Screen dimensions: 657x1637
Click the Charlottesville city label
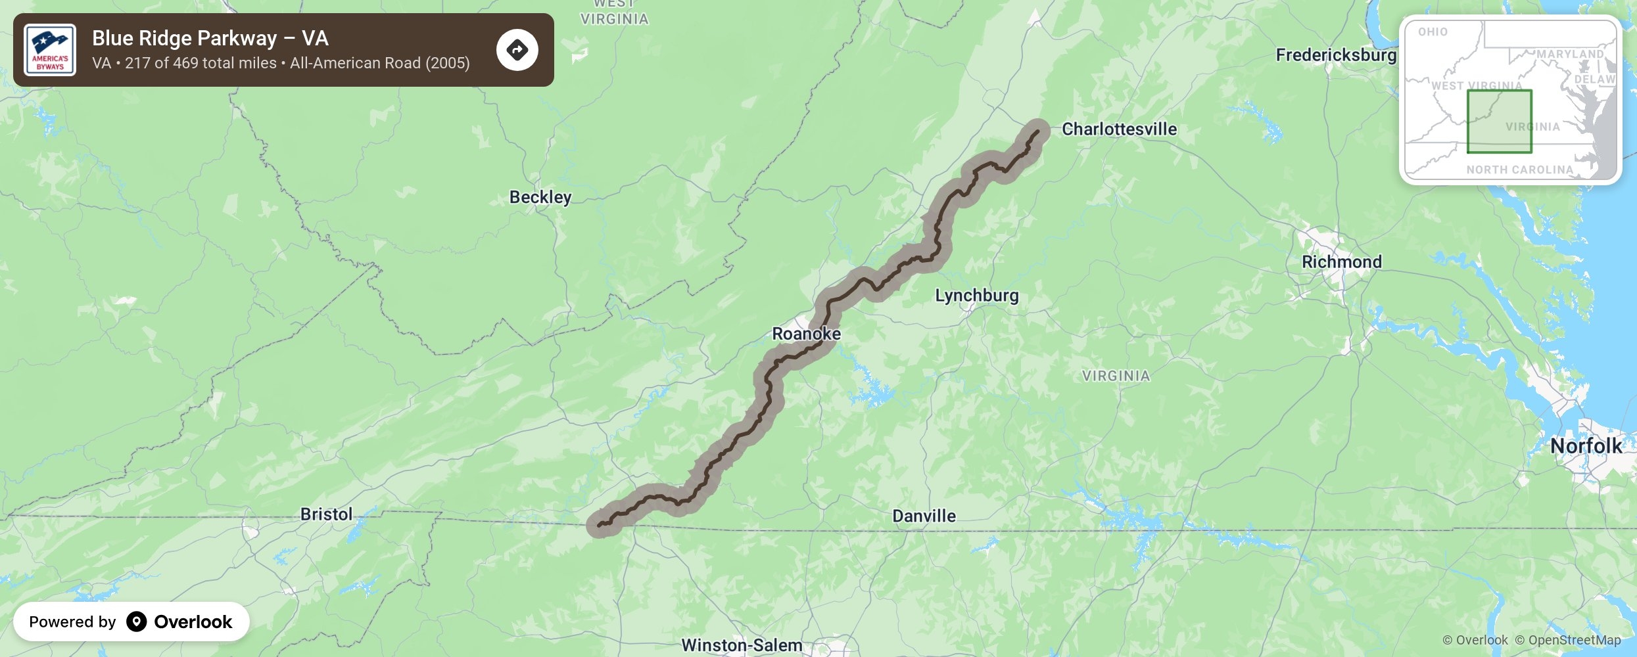[1119, 129]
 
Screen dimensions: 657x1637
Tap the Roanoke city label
[806, 334]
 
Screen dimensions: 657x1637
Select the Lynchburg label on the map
[977, 296]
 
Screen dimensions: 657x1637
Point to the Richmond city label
[1342, 262]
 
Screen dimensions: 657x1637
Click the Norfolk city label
[1586, 446]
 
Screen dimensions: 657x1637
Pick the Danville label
[924, 516]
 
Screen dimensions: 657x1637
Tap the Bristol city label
[326, 514]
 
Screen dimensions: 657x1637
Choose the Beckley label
[540, 197]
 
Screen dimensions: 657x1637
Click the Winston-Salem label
[742, 645]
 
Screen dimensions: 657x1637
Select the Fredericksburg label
[1336, 55]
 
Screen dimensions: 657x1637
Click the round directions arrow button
[517, 50]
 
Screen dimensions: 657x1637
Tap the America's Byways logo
[50, 50]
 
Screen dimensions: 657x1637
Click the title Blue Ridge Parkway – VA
[210, 38]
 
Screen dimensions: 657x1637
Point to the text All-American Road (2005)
[380, 63]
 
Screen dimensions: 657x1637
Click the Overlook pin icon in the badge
[136, 622]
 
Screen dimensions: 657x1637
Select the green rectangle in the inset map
[1499, 122]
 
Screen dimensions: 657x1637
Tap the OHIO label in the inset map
[1433, 32]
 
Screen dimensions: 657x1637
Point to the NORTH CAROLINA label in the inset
[1519, 170]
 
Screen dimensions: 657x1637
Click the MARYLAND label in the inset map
[1570, 54]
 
